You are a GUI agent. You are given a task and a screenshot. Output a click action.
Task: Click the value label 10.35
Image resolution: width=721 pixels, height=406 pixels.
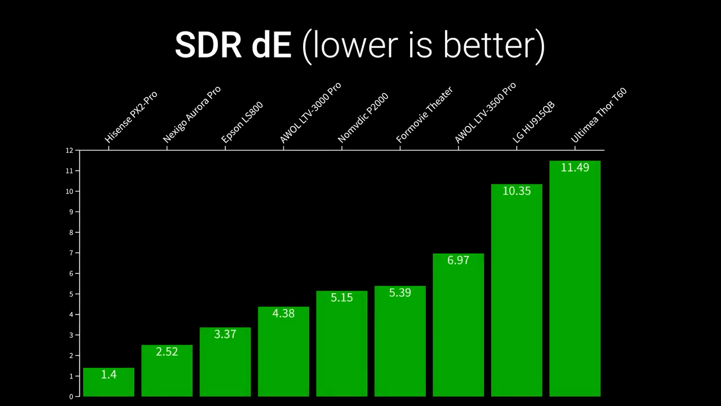[x=517, y=191]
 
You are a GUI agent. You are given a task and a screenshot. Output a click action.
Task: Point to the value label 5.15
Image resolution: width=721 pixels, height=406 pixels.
[x=342, y=298]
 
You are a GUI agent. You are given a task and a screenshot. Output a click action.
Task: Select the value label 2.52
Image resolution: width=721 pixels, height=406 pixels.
[x=167, y=352]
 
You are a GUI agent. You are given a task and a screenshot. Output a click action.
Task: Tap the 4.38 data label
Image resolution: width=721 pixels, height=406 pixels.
[x=283, y=314]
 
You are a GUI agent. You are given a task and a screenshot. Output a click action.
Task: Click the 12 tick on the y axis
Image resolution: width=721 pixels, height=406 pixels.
[x=69, y=151]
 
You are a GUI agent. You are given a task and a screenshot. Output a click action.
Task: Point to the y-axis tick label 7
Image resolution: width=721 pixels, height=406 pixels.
[x=71, y=253]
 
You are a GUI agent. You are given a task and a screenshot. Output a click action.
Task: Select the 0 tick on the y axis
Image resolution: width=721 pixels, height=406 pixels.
[x=71, y=396]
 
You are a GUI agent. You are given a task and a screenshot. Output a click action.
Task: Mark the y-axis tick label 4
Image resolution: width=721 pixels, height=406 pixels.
[x=71, y=315]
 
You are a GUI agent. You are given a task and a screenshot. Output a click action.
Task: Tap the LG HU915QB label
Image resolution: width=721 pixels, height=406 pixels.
[x=533, y=122]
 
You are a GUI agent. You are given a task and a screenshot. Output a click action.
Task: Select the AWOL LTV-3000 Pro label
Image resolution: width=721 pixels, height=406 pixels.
[x=310, y=112]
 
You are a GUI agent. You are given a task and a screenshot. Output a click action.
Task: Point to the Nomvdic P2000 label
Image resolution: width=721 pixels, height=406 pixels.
[x=363, y=118]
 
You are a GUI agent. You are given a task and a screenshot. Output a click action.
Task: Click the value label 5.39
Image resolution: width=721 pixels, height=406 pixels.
[x=400, y=293]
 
